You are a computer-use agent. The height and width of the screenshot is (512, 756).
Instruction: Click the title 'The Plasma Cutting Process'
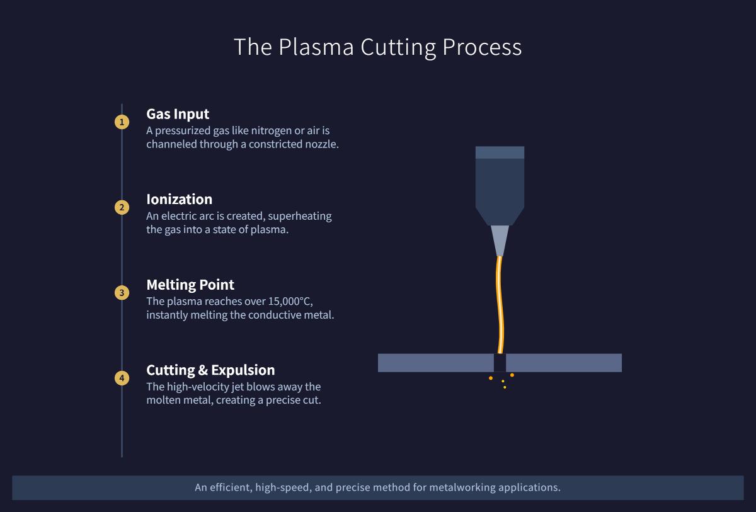[x=377, y=47]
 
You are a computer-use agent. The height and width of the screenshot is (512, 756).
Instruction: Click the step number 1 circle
[x=122, y=122]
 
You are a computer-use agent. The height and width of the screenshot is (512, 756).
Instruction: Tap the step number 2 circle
[x=122, y=207]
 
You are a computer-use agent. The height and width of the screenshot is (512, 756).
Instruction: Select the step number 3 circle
[x=122, y=293]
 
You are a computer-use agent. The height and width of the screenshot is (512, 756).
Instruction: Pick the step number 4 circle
[x=122, y=378]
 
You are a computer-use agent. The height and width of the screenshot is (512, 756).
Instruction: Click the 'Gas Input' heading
[x=178, y=114]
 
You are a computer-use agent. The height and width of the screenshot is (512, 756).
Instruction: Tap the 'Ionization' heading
[x=179, y=199]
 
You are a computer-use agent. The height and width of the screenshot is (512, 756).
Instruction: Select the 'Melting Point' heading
[x=190, y=285]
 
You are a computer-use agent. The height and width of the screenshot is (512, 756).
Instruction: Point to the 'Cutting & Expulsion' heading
[x=210, y=370]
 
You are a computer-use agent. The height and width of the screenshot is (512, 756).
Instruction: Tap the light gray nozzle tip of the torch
[x=500, y=240]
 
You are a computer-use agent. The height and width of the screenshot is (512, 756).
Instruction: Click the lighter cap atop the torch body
[x=500, y=152]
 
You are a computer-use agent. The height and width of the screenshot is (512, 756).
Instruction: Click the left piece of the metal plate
[x=435, y=363]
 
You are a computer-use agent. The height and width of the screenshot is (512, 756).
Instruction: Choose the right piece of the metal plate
[x=563, y=363]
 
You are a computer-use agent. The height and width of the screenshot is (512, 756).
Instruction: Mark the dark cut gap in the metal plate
[x=500, y=363]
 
